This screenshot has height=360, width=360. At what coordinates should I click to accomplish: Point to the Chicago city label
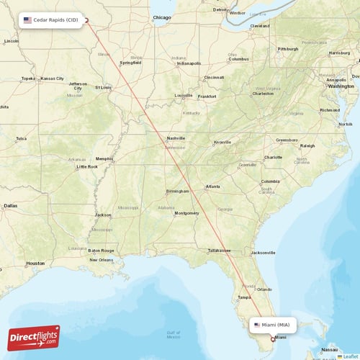162,17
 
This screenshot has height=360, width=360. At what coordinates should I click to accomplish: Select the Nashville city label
176,138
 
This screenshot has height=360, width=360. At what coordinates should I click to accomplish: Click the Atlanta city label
213,186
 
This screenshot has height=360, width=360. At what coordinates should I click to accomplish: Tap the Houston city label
35,264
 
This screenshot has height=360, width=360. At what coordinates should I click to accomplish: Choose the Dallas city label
10,205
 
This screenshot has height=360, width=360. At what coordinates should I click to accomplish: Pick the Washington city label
341,86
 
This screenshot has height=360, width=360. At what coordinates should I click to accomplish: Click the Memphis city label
104,159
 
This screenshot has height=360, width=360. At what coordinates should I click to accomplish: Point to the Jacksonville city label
263,253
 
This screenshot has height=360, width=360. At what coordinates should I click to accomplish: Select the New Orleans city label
102,260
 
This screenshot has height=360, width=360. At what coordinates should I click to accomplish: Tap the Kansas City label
52,78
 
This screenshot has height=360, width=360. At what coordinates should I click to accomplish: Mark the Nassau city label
329,349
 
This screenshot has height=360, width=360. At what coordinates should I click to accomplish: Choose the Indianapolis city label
189,63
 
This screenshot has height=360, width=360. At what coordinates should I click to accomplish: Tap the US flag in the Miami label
257,325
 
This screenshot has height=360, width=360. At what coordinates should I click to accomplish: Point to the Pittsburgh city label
288,49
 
